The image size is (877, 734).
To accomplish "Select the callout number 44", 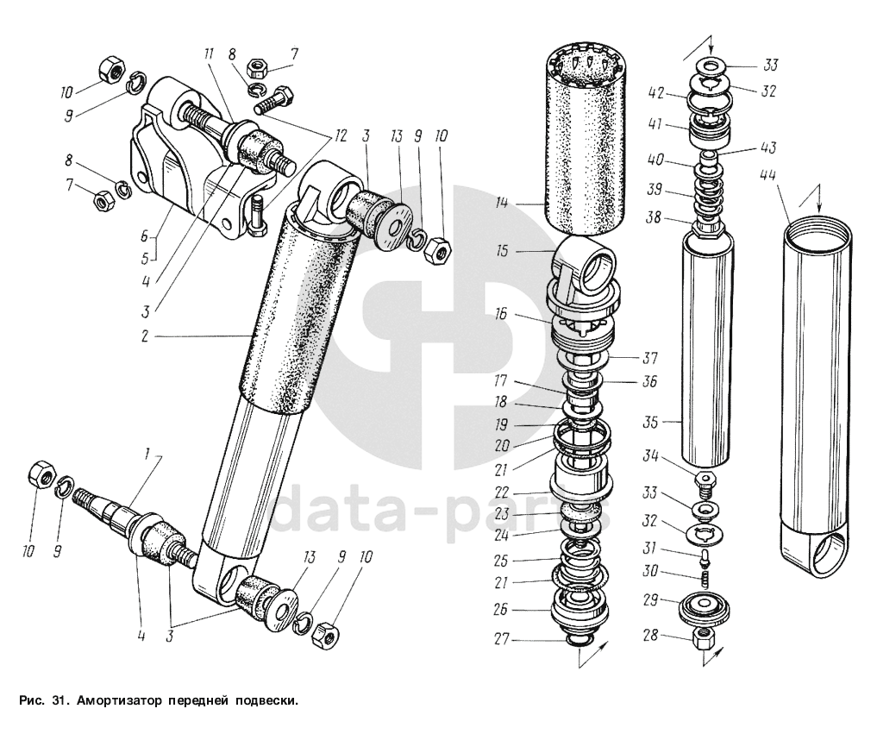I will click(x=767, y=176).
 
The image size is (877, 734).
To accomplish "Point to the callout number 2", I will click(x=146, y=336).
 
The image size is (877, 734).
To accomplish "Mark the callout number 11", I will click(x=209, y=54).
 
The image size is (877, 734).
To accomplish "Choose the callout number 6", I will click(x=148, y=235).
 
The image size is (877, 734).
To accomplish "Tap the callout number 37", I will click(x=652, y=357).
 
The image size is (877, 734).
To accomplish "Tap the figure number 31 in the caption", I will click(x=58, y=700).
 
